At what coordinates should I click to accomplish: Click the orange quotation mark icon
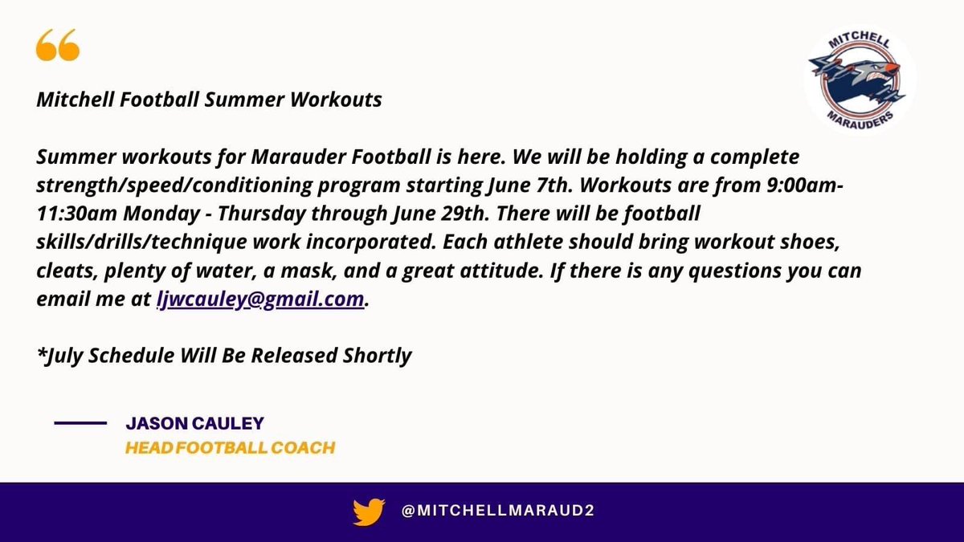point(58,47)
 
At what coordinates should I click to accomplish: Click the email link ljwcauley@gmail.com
point(260,299)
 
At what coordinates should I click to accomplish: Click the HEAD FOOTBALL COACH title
point(230,447)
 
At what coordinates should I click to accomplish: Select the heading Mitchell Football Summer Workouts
point(209,100)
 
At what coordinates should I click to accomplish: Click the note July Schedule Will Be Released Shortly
point(225,355)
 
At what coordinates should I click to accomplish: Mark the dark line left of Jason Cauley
point(80,422)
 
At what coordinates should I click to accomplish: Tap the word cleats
point(63,270)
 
